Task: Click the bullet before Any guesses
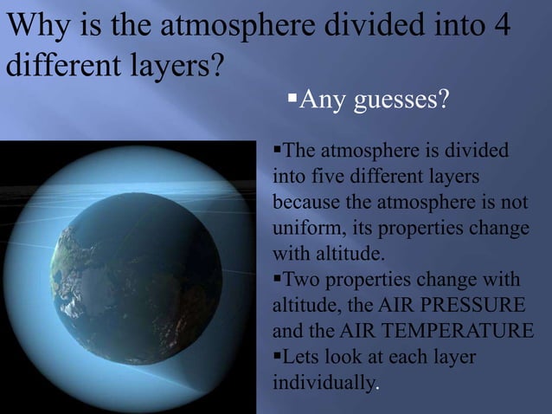coord(292,102)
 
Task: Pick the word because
coord(304,204)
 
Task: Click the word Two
coord(302,281)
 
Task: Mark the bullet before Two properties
coord(278,280)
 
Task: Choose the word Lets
coord(303,357)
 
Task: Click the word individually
coord(324,383)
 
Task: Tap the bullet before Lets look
coord(278,356)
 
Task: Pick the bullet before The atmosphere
coord(278,152)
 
